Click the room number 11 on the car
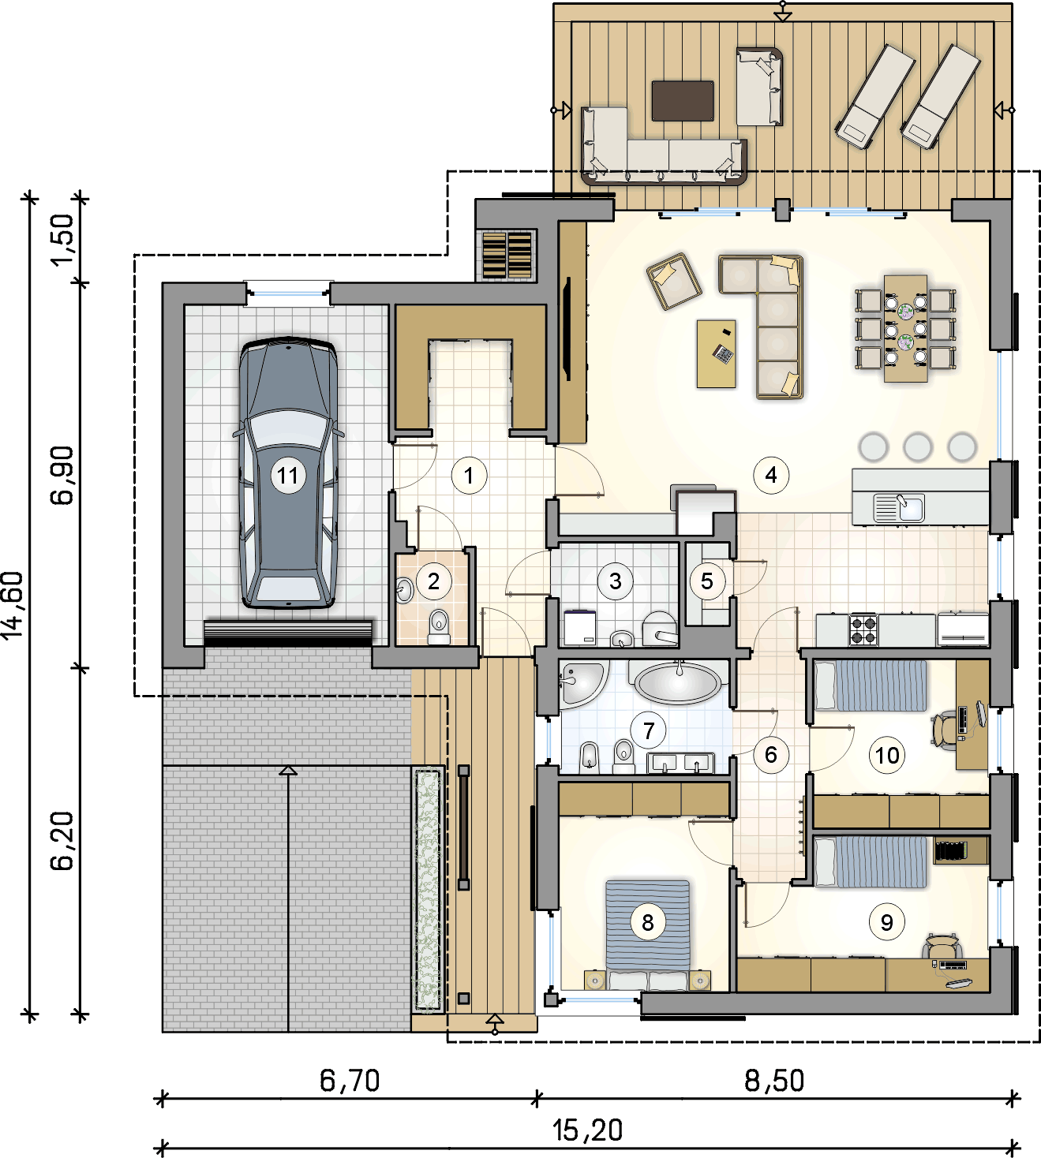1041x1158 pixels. pos(287,475)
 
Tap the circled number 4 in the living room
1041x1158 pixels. pos(771,475)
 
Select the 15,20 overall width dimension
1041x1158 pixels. pos(587,1130)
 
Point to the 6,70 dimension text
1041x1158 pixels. pos(350,1080)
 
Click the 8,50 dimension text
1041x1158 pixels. pos(774,1080)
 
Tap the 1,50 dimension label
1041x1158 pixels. pos(62,240)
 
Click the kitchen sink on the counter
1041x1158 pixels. pos(899,507)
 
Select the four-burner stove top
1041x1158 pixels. pos(863,629)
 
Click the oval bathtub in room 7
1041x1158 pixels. pos(679,682)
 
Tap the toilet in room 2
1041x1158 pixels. pos(439,626)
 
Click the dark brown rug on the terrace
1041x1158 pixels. pos(683,101)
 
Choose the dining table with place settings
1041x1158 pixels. pos(905,328)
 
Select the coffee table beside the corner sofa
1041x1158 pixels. pos(716,354)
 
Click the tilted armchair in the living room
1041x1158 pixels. pos(674,281)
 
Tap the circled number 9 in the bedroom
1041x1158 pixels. pos(886,922)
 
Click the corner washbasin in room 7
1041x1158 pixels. pos(580,682)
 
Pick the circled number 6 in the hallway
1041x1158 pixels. pos(770,755)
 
